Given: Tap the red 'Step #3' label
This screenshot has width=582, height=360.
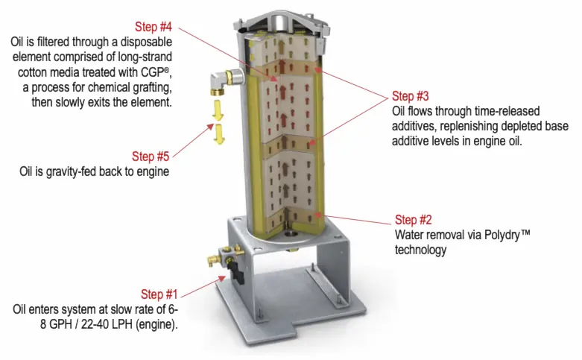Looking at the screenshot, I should point(412,95).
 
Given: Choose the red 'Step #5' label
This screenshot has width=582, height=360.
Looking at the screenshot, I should point(151,157).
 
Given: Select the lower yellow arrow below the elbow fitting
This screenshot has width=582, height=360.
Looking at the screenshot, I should point(218,136).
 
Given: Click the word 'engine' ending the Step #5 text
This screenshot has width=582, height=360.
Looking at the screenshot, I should point(153,171).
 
